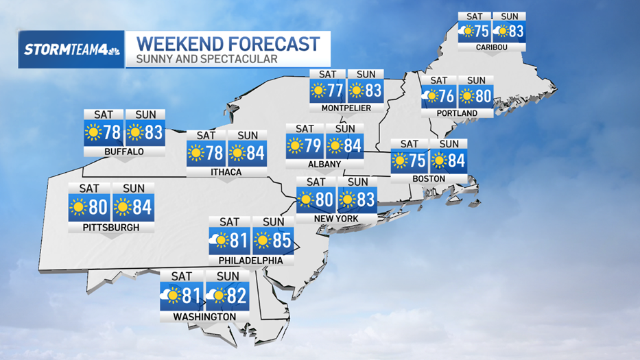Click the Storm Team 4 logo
(x=72, y=49)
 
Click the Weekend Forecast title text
(x=228, y=45)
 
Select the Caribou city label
(x=492, y=47)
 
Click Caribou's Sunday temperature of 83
(x=515, y=31)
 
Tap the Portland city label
(x=456, y=113)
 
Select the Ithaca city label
(x=226, y=172)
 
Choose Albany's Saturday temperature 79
(x=312, y=145)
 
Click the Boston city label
(x=429, y=179)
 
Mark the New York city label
(x=335, y=218)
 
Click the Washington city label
(x=204, y=317)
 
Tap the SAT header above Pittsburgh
(x=89, y=189)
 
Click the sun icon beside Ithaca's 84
(x=237, y=152)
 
